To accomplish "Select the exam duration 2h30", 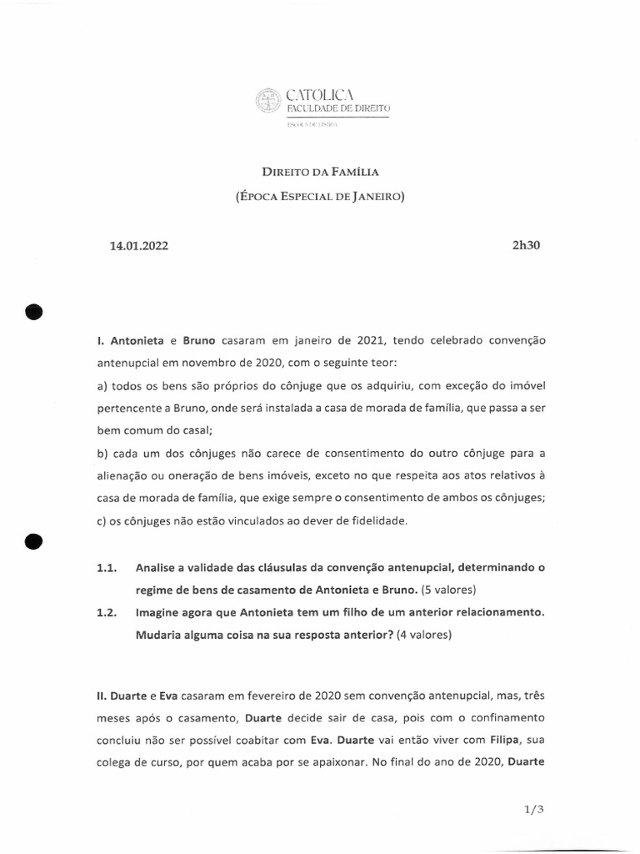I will click(527, 246).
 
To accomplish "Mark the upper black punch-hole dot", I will click(33, 311).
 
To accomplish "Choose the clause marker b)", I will click(104, 453).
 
